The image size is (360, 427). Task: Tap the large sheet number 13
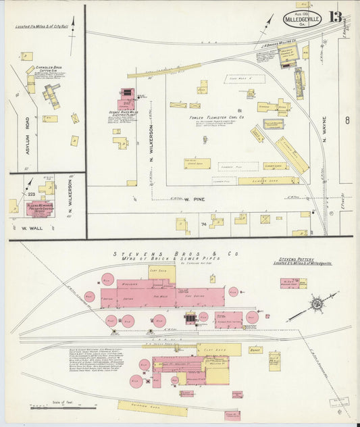(335, 16)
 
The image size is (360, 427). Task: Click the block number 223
(31, 193)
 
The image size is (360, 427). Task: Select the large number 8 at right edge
(347, 122)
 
